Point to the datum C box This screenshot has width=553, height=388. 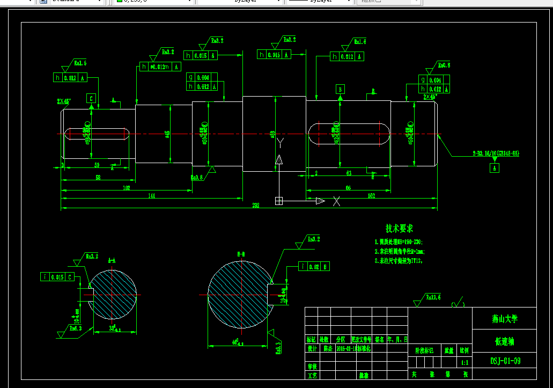tap(92, 98)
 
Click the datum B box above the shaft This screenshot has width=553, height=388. tap(340, 89)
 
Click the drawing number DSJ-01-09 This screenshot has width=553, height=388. tap(505, 361)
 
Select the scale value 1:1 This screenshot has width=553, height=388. tap(464, 363)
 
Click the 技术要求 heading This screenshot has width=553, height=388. tap(400, 229)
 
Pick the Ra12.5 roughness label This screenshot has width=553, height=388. tap(433, 297)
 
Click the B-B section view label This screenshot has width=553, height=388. tap(241, 253)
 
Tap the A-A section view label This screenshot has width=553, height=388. tap(112, 260)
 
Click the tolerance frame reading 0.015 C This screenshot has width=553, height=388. tap(58, 277)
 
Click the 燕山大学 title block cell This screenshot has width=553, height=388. tap(504, 318)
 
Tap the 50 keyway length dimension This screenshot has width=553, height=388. tap(97, 164)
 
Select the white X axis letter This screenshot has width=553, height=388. tap(337, 201)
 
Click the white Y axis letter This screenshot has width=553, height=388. tap(279, 142)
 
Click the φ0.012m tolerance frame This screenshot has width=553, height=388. tap(160, 67)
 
